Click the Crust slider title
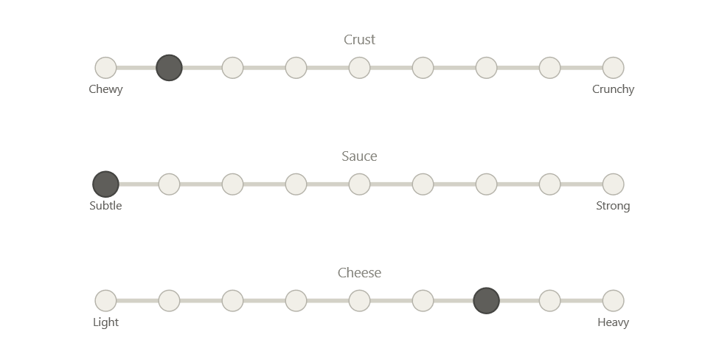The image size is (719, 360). click(360, 40)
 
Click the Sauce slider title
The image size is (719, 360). click(360, 156)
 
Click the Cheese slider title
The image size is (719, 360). click(360, 273)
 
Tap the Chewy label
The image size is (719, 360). click(105, 89)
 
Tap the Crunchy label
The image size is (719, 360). click(613, 89)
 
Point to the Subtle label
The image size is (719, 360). click(105, 206)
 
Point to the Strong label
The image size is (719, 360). click(613, 206)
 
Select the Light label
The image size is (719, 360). click(105, 322)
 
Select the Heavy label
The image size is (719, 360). click(613, 322)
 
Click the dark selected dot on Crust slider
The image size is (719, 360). click(169, 68)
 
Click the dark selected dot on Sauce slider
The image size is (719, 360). click(105, 184)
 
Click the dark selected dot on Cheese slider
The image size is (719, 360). click(486, 301)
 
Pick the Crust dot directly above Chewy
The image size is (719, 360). click(105, 68)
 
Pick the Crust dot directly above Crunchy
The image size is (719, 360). click(613, 68)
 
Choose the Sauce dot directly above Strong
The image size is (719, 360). click(613, 184)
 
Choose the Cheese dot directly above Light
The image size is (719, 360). click(105, 301)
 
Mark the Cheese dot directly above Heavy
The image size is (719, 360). click(613, 301)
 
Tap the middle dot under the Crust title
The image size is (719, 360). click(359, 68)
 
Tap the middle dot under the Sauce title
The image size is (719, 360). click(359, 184)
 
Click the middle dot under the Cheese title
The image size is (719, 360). click(359, 301)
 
